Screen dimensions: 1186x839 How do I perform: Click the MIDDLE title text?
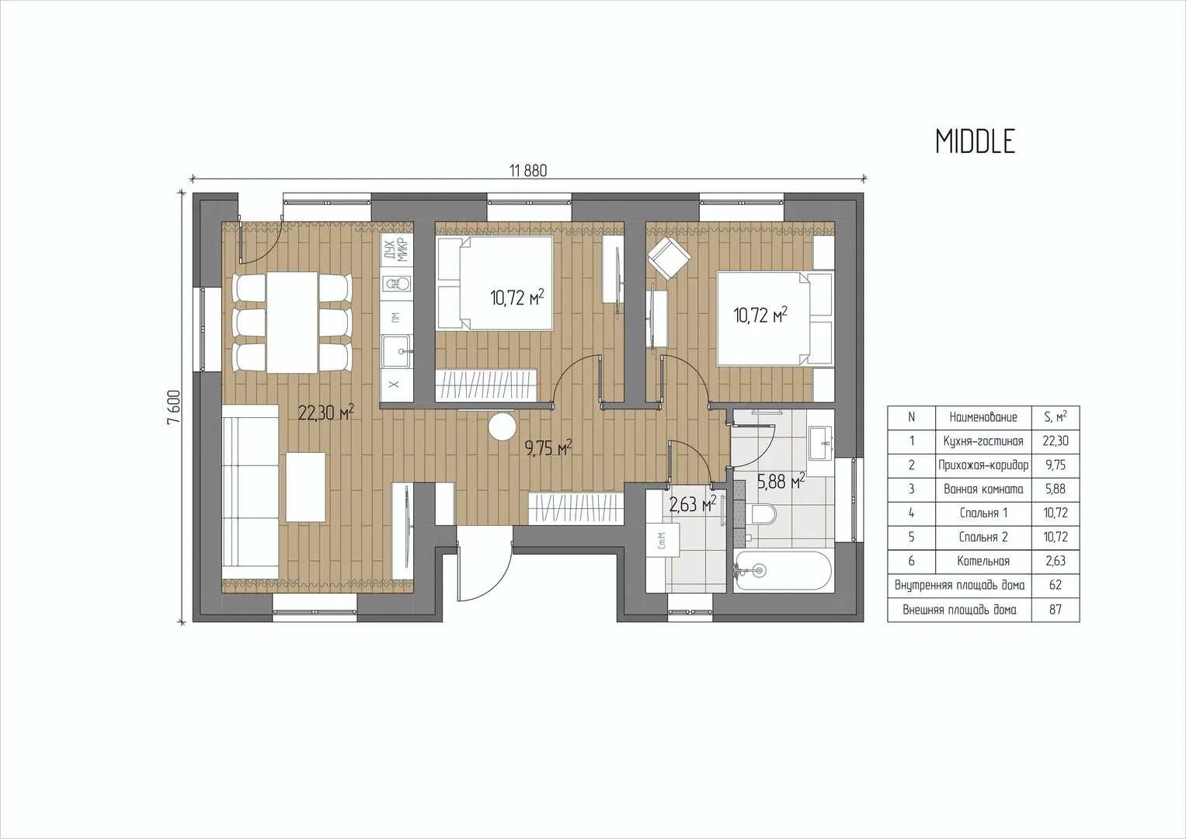[976, 142]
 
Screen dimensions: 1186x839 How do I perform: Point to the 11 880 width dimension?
[528, 171]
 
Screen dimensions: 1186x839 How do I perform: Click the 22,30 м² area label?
[325, 413]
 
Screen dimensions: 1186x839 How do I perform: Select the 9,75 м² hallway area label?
[548, 448]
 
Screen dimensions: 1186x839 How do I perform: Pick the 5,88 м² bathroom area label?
[781, 481]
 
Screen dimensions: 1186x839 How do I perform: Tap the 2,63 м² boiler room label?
[693, 503]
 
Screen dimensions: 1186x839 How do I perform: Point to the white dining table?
[292, 322]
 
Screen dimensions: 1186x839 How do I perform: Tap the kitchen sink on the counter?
[395, 350]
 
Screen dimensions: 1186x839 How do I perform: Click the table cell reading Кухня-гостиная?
[983, 441]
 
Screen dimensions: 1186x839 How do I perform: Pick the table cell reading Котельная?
[983, 562]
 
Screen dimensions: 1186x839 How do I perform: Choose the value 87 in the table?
[1056, 610]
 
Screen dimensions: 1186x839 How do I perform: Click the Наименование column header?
[983, 417]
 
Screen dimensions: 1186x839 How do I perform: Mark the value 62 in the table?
[1056, 585]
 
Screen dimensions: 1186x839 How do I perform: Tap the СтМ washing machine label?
[661, 541]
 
